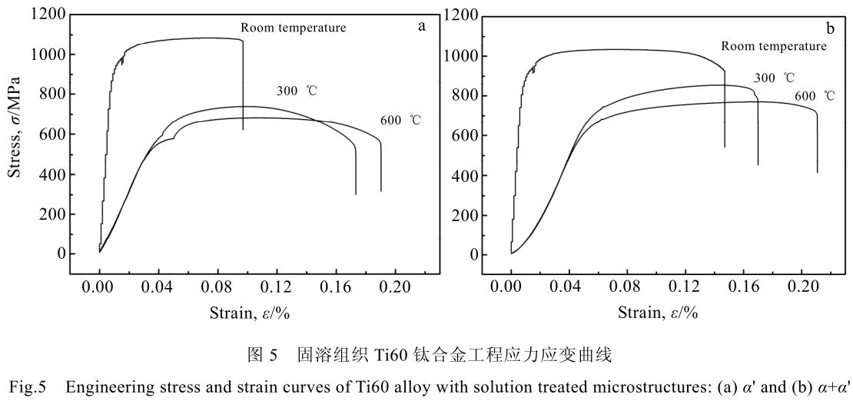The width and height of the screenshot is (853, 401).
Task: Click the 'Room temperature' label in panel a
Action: coord(294,28)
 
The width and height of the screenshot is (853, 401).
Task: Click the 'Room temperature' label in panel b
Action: coord(774,46)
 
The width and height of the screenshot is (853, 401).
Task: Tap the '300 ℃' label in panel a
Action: coord(297,91)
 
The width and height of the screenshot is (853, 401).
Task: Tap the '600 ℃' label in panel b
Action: coord(814,96)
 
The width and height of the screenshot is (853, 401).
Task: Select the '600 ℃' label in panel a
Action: coord(401,121)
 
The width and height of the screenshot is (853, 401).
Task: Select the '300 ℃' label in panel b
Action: coord(774,78)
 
